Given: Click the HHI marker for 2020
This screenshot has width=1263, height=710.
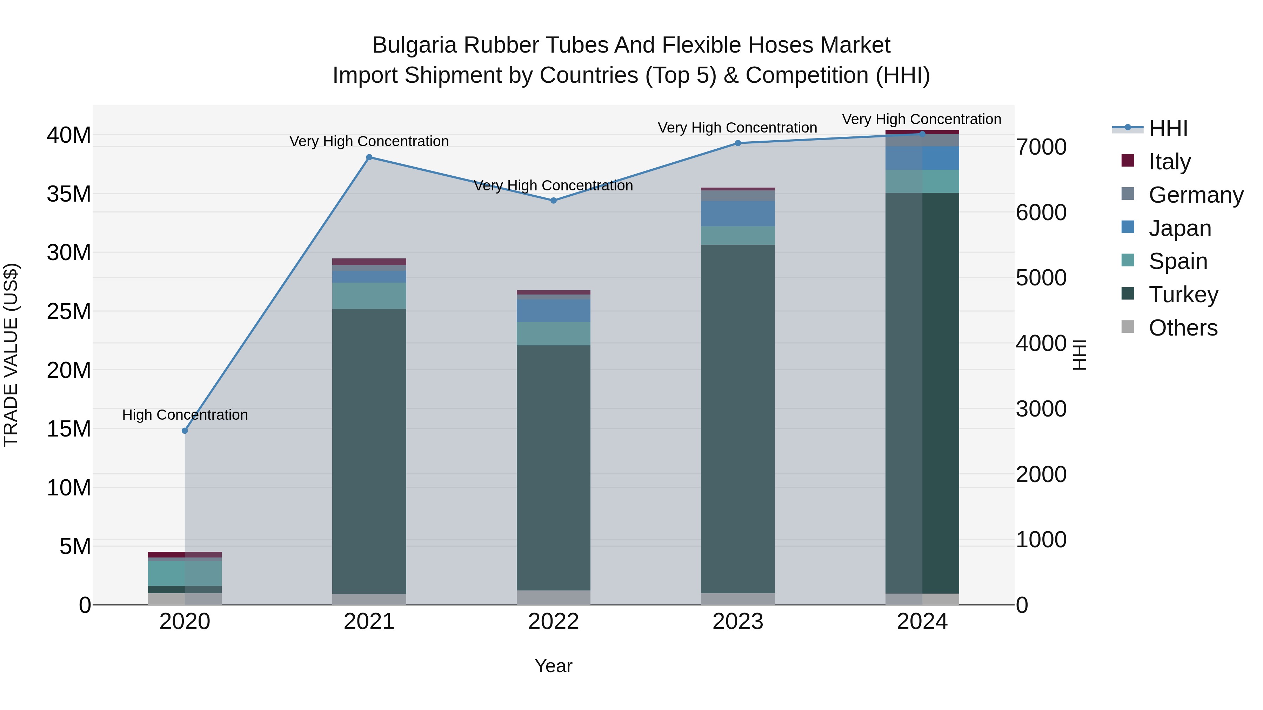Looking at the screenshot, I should [x=185, y=431].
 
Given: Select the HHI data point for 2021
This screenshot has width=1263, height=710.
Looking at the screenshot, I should [x=369, y=157].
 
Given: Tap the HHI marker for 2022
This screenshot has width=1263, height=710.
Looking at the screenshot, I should [x=554, y=201].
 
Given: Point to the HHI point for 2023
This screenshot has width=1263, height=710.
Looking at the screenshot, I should [x=738, y=143].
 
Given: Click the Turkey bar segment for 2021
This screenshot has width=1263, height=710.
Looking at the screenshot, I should [x=369, y=451].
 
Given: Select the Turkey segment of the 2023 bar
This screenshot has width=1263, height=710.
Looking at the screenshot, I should [x=738, y=419].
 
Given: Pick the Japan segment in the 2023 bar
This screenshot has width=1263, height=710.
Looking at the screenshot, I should [x=738, y=213].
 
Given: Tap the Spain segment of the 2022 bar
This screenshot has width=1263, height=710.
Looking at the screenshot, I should [x=554, y=334].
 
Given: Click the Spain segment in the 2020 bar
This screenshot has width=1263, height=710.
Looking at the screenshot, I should [x=185, y=573].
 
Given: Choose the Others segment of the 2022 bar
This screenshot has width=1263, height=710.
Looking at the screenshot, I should [x=554, y=597].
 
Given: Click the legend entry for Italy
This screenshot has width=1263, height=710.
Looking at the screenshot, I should [x=1169, y=162].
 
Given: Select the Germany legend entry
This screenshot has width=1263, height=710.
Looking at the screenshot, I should [x=1195, y=195].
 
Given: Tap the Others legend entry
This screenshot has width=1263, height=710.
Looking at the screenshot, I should [x=1183, y=328].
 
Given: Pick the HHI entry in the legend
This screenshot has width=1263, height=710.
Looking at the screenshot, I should [x=1168, y=128].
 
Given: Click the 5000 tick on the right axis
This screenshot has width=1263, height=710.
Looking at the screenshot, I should [x=1041, y=278].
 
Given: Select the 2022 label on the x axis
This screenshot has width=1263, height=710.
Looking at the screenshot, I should [x=554, y=622].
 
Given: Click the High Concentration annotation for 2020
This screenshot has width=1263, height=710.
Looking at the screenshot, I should [x=185, y=415].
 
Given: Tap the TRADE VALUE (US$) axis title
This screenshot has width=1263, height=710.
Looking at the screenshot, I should [x=11, y=355].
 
